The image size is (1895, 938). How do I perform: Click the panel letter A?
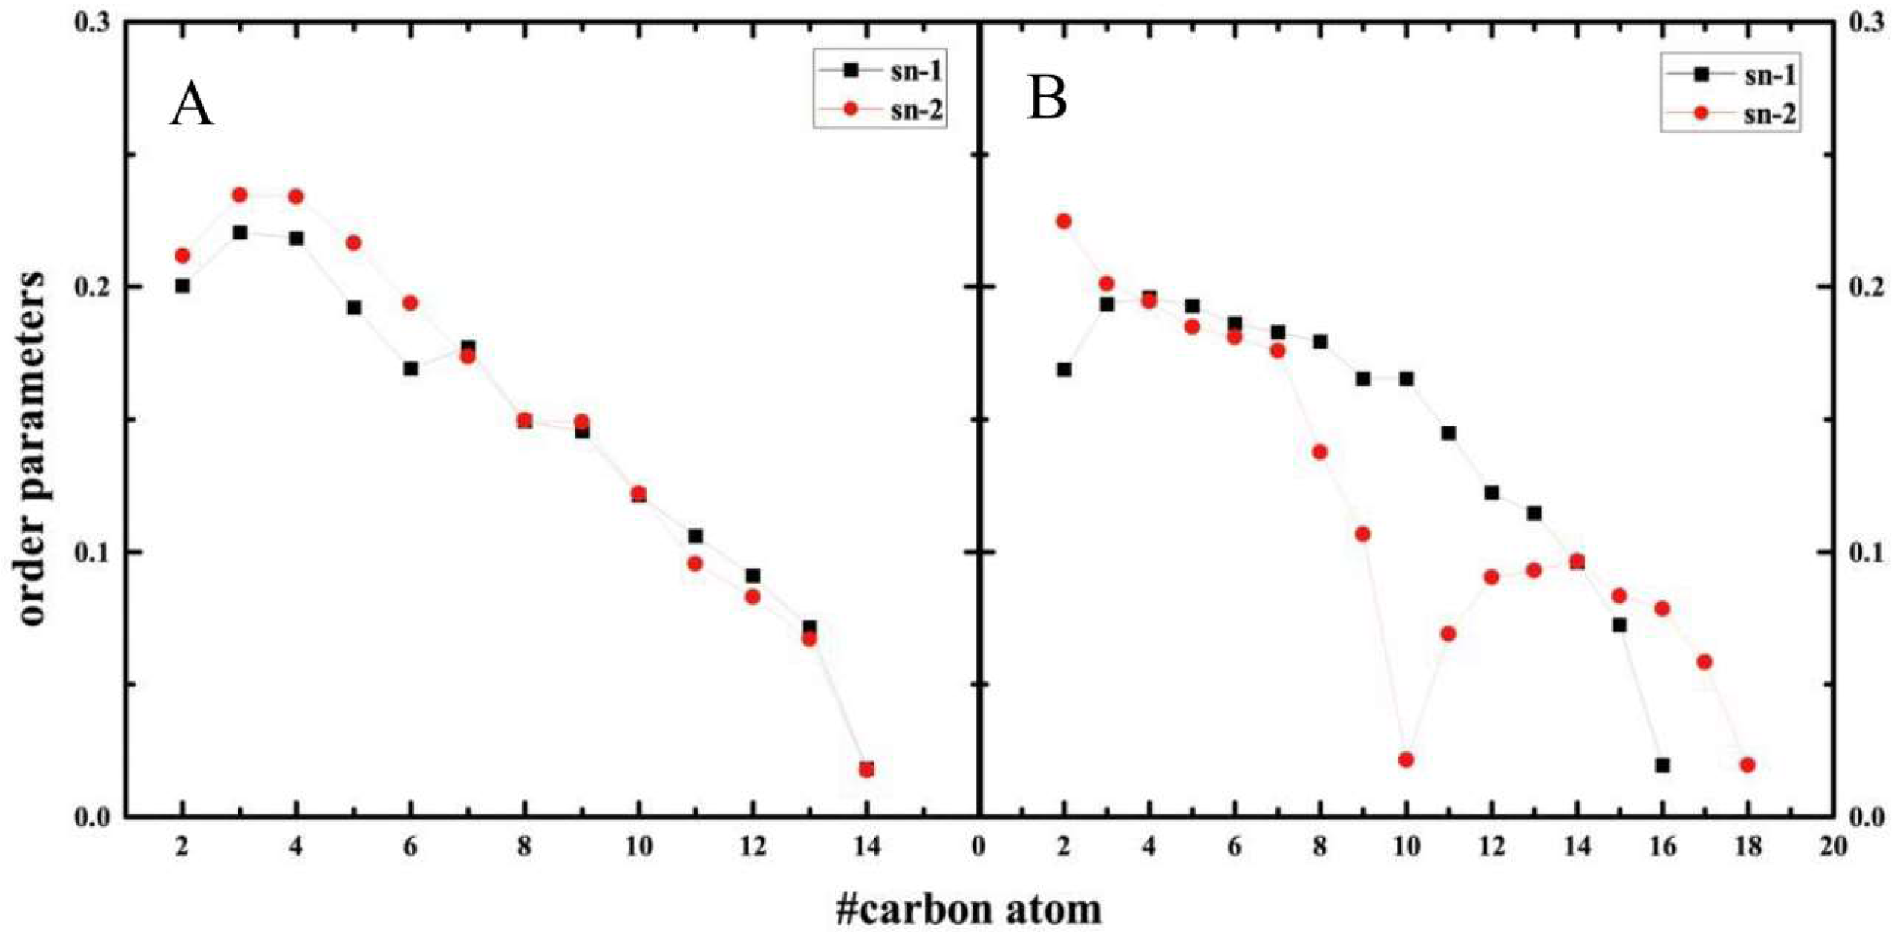[x=192, y=106]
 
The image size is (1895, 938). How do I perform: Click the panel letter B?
[x=1047, y=99]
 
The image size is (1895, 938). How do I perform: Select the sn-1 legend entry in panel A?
[x=916, y=72]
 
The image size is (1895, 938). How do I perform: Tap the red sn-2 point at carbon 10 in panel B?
[x=1406, y=760]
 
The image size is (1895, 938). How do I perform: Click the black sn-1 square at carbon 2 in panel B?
[x=1064, y=369]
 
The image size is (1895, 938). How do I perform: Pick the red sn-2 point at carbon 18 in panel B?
[x=1748, y=765]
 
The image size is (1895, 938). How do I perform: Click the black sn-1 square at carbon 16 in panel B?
[x=1663, y=765]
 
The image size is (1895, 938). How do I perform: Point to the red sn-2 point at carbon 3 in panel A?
[x=240, y=195]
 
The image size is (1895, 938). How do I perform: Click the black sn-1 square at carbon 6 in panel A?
[x=411, y=369]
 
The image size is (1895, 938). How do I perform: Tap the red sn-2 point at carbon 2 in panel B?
[x=1063, y=221]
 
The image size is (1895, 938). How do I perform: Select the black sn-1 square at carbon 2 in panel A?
[x=182, y=285]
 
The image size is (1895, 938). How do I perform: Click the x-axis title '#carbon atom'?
[x=969, y=910]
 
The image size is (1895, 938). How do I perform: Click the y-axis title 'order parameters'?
[x=31, y=448]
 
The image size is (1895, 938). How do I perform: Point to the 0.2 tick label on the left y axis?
[x=91, y=287]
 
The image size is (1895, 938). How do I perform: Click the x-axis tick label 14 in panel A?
[x=866, y=847]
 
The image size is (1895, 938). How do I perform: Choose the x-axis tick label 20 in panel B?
[x=1834, y=847]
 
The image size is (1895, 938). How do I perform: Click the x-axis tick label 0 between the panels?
[x=978, y=847]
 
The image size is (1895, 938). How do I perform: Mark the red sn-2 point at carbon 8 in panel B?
[x=1320, y=452]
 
